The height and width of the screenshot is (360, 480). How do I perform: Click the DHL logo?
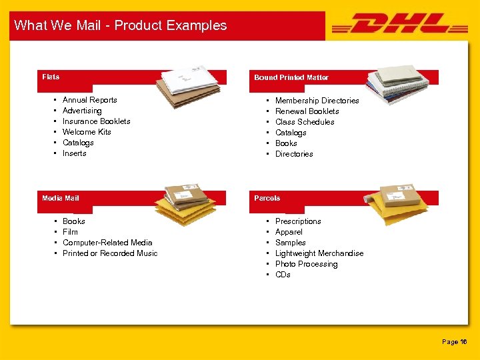click(399, 25)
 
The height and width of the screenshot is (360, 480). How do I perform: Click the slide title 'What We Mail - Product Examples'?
click(121, 25)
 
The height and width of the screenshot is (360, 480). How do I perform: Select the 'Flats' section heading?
click(51, 77)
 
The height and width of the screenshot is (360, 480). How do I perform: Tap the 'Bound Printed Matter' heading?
click(291, 77)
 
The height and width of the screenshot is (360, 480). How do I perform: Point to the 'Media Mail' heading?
click(61, 198)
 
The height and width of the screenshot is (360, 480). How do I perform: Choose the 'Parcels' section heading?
click(267, 198)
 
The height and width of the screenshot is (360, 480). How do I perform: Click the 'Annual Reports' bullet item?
click(89, 100)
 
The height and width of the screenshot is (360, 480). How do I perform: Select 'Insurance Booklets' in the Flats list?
click(96, 121)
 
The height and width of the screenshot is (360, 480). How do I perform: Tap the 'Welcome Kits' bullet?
click(87, 132)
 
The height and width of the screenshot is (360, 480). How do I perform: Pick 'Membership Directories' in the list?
click(317, 101)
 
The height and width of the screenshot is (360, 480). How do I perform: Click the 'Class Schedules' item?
click(305, 122)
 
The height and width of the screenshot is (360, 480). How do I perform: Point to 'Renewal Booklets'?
click(307, 111)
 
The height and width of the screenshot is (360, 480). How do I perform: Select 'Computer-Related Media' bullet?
click(107, 243)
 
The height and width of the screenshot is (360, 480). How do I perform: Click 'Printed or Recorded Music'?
click(110, 253)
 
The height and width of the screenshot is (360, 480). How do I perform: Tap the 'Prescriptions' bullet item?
click(298, 221)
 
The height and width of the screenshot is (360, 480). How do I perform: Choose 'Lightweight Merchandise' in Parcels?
click(319, 253)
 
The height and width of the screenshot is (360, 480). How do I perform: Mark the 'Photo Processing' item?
click(306, 264)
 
